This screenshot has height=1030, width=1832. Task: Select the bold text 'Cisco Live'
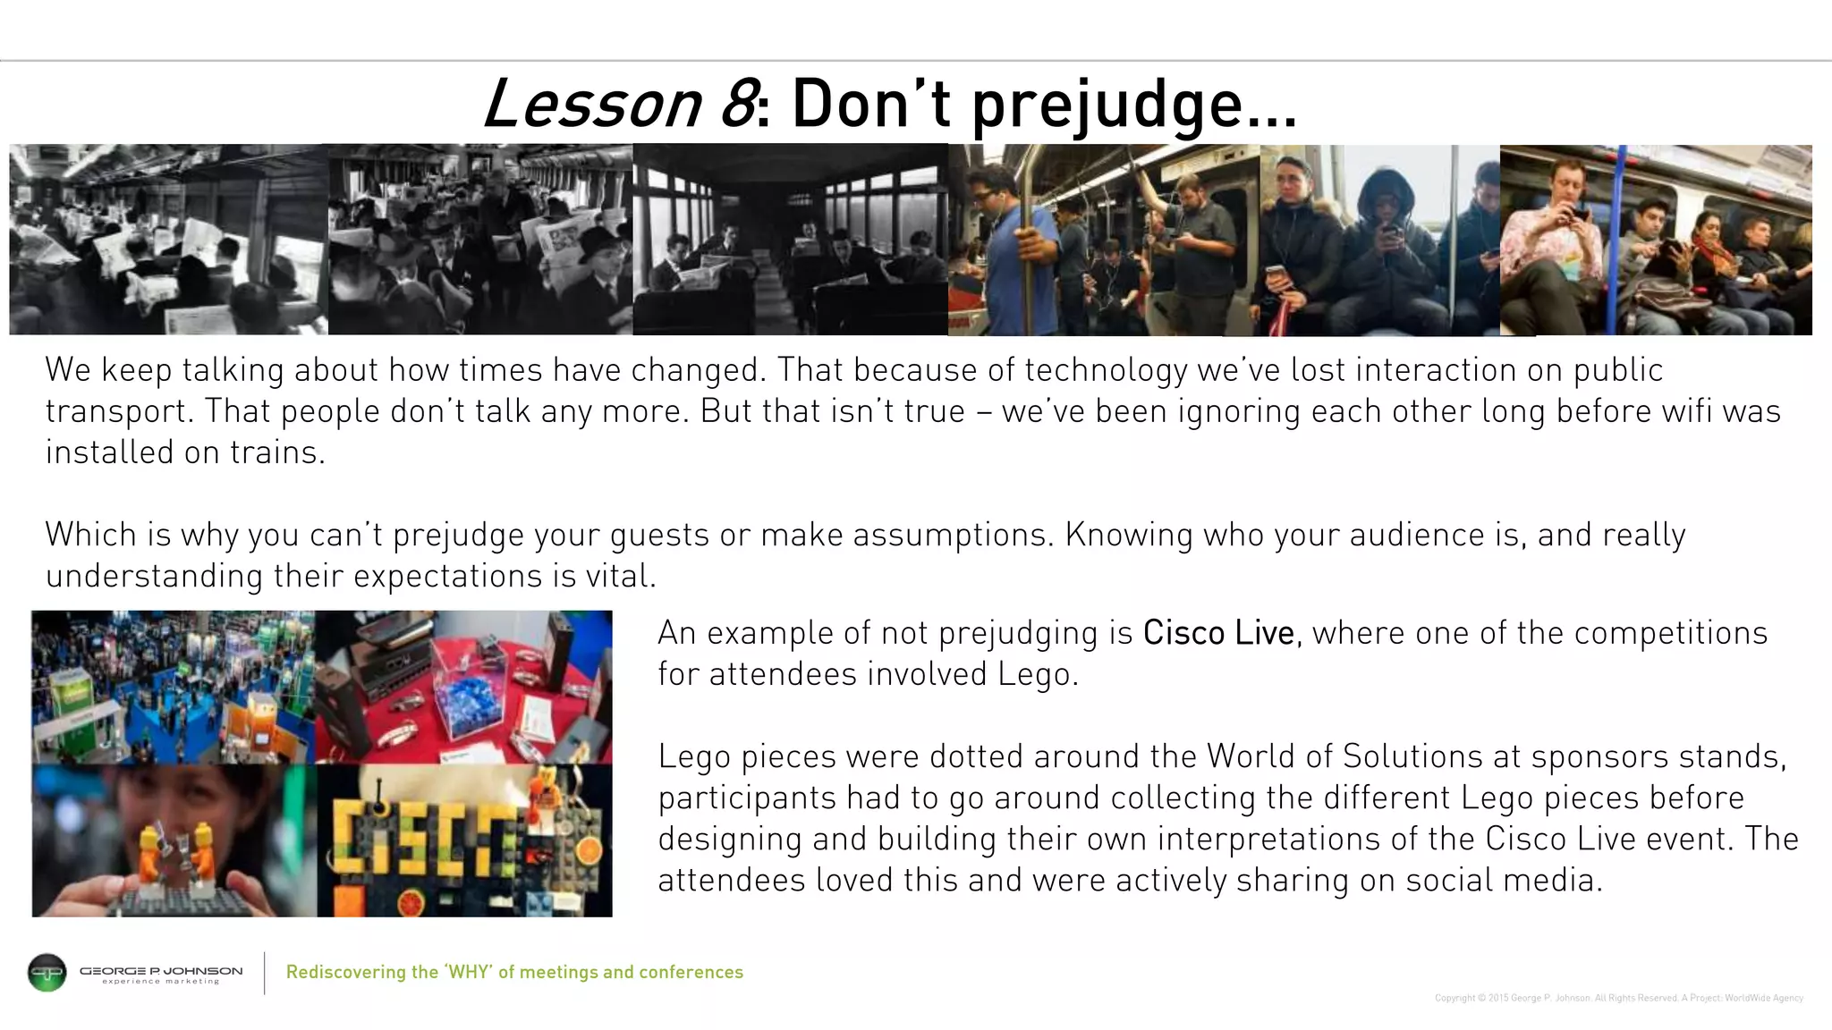pos(1218,633)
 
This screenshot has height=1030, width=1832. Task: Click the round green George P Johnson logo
pos(47,973)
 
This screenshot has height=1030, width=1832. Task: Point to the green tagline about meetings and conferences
pos(514,972)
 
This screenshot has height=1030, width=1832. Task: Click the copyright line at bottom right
pos(1618,998)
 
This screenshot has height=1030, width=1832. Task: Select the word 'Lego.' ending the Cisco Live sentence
pos(1038,674)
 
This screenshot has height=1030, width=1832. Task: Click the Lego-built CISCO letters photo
pos(465,840)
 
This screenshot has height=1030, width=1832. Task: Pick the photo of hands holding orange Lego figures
pos(174,840)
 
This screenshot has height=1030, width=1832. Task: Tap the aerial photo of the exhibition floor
pos(174,687)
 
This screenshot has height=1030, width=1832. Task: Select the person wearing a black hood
pos(1383,241)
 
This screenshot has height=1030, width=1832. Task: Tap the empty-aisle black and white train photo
pos(790,240)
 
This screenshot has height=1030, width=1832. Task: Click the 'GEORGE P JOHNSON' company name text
pos(161,970)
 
